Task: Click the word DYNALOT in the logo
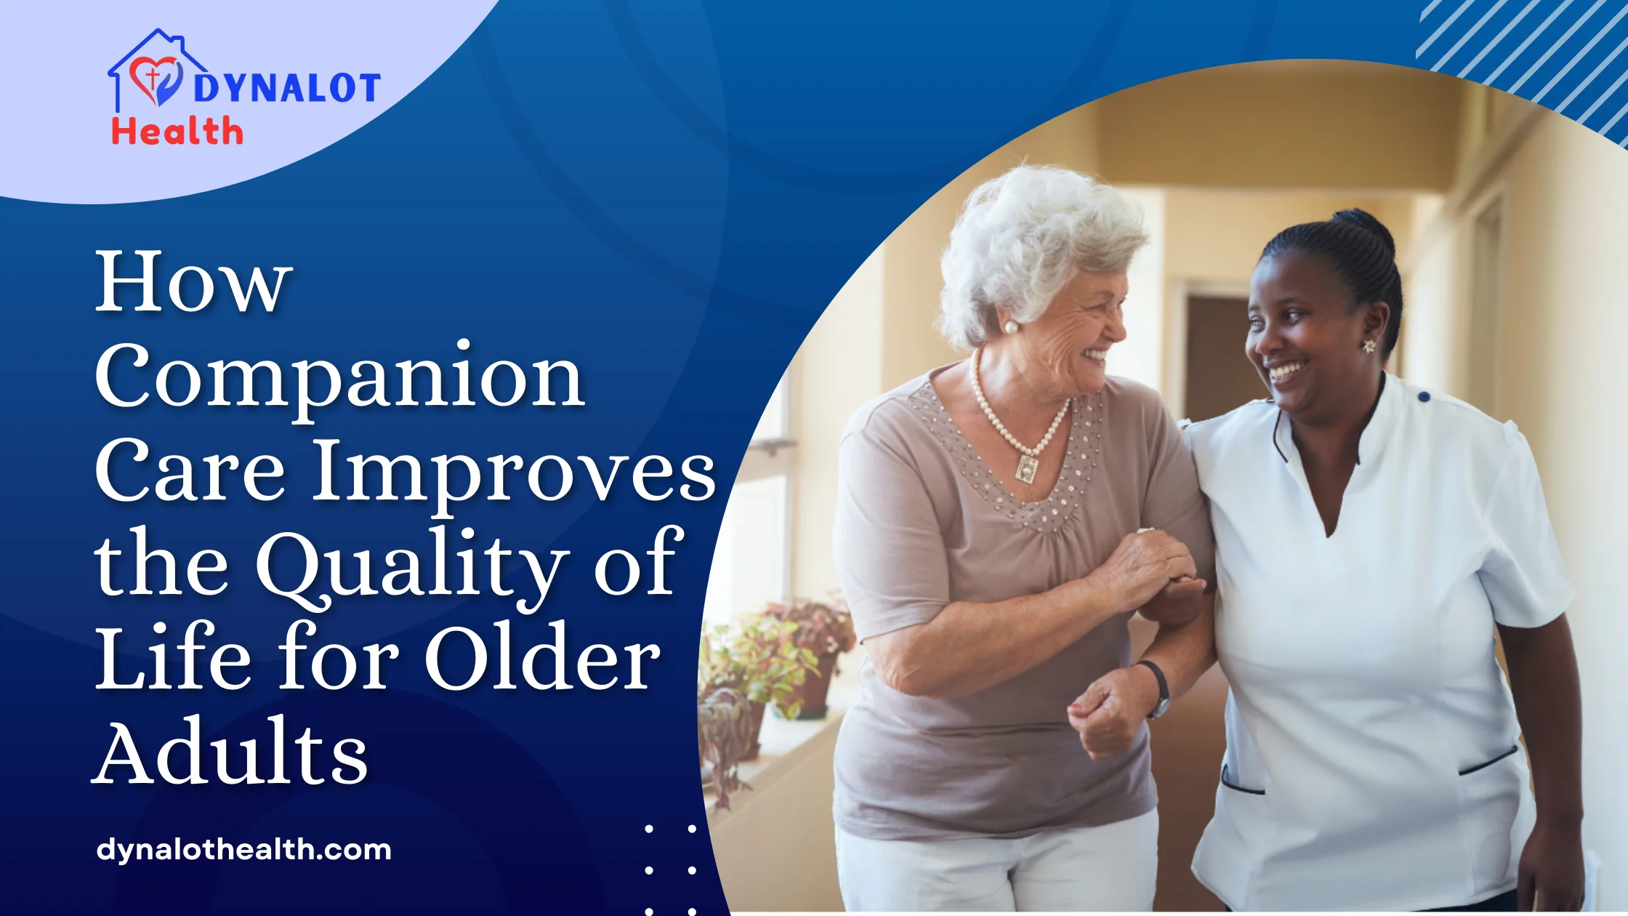pyautogui.click(x=286, y=89)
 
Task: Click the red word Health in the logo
pyautogui.click(x=177, y=132)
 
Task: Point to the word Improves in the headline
pyautogui.click(x=515, y=473)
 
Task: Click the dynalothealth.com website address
pyautogui.click(x=244, y=849)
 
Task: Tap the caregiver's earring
pyautogui.click(x=1370, y=346)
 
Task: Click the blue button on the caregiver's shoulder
pyautogui.click(x=1424, y=396)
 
